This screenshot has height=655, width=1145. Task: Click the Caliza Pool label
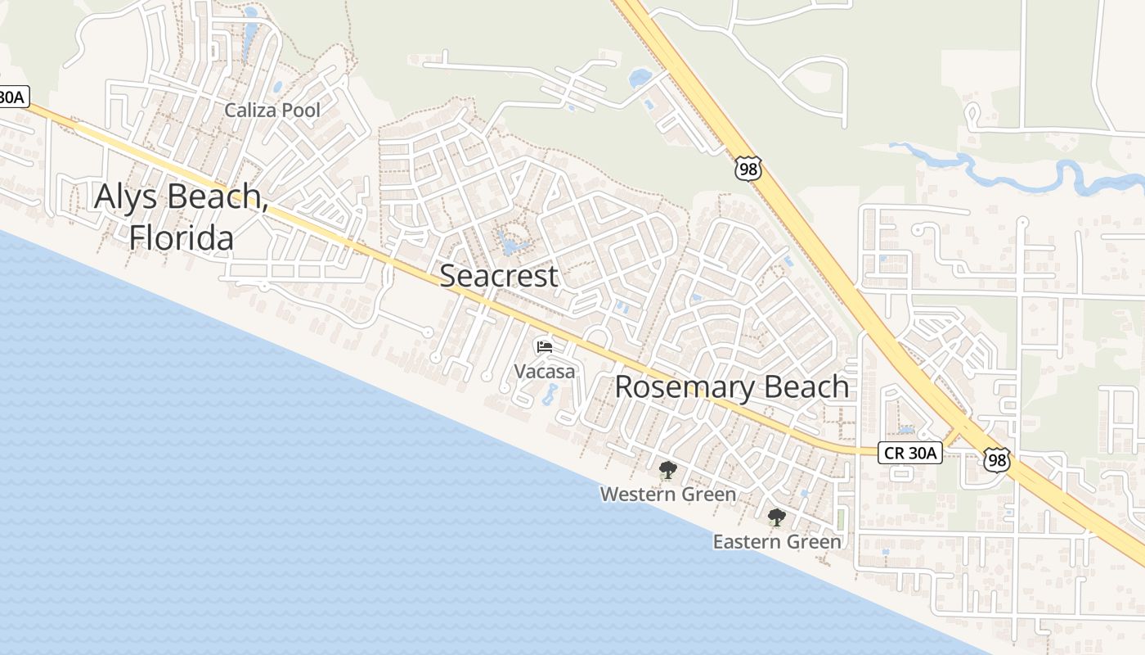pyautogui.click(x=272, y=110)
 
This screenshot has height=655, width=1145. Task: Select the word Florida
pyautogui.click(x=181, y=237)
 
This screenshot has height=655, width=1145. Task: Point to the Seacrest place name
pyautogui.click(x=499, y=276)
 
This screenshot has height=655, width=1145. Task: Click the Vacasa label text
pyautogui.click(x=544, y=371)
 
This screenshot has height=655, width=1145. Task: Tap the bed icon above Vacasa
pyautogui.click(x=544, y=346)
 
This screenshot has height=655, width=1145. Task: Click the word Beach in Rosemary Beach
pyautogui.click(x=806, y=386)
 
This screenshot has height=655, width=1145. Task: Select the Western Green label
pyautogui.click(x=667, y=495)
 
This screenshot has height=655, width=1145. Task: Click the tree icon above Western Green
pyautogui.click(x=667, y=470)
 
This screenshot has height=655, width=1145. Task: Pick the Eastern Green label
pyautogui.click(x=776, y=542)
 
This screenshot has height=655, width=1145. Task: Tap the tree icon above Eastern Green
pyautogui.click(x=776, y=517)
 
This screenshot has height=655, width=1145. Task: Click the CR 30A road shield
pyautogui.click(x=910, y=452)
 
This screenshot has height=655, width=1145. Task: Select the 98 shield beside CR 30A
pyautogui.click(x=996, y=459)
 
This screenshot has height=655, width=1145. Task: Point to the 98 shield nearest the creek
pyautogui.click(x=748, y=169)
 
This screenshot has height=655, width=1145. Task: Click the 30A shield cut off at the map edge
pyautogui.click(x=13, y=97)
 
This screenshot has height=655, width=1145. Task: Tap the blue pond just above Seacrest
pyautogui.click(x=511, y=243)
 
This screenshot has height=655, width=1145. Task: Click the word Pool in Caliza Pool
pyautogui.click(x=301, y=110)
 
